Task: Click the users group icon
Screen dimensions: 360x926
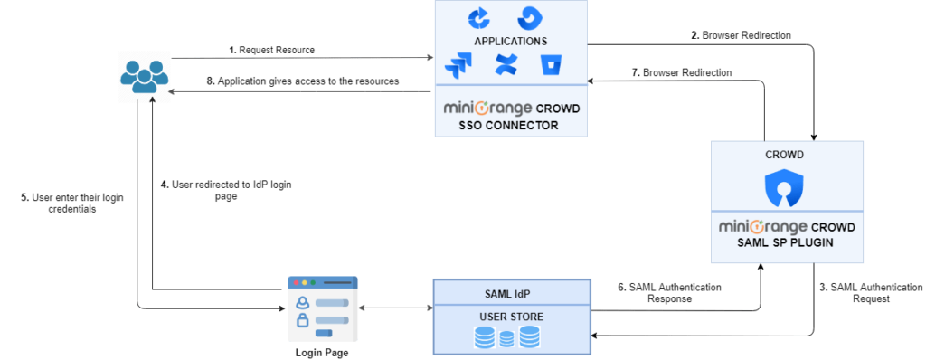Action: [x=145, y=75]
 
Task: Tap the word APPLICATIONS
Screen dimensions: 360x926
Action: [x=511, y=42]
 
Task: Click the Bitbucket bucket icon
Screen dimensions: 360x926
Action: [x=552, y=65]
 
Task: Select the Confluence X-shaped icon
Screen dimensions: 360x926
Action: [x=505, y=65]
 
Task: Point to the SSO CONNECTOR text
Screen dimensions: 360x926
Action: [x=508, y=126]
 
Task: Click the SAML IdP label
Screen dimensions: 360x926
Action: [x=510, y=291]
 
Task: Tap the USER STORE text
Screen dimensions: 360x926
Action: [x=510, y=317]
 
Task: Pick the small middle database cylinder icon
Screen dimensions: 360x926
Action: [x=506, y=339]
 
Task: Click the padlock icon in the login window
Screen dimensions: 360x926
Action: [x=302, y=319]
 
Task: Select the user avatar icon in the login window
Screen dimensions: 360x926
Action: [x=302, y=302]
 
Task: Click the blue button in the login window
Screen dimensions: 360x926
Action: [x=324, y=334]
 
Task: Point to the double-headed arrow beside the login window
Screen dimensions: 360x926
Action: [x=396, y=308]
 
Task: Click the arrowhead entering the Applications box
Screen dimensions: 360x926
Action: [x=429, y=60]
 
